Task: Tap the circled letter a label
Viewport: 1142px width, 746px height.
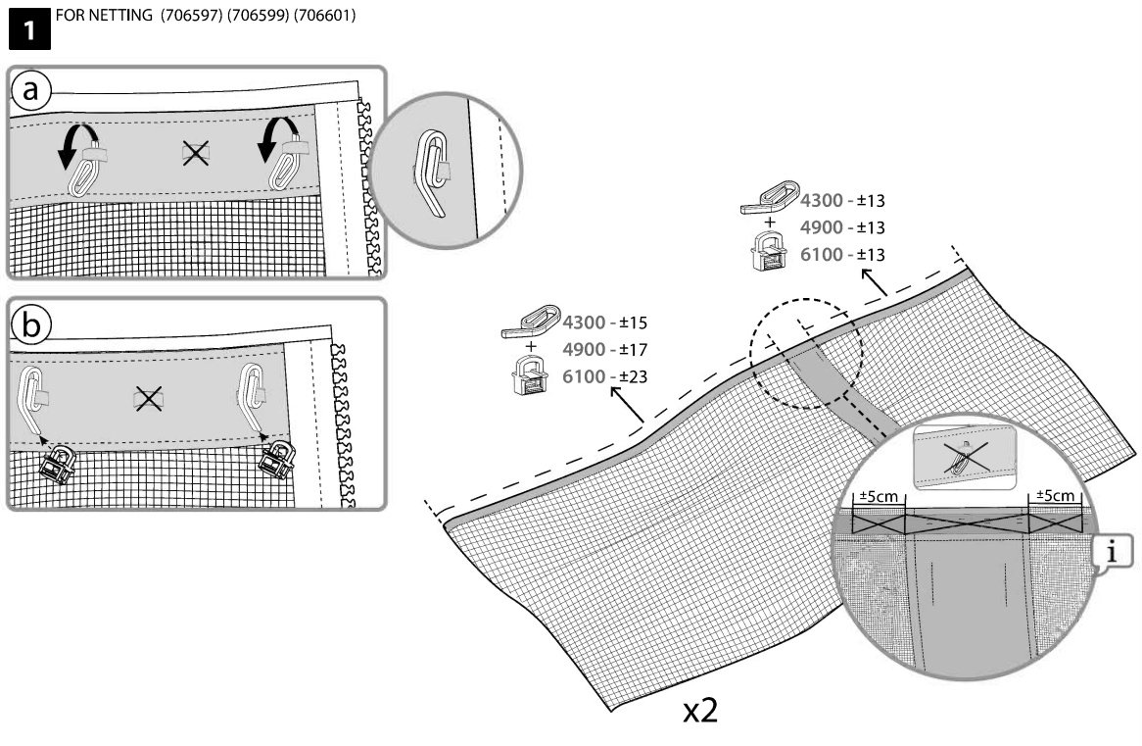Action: click(31, 91)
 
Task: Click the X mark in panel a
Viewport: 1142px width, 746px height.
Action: click(195, 153)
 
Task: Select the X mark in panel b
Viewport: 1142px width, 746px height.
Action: click(148, 397)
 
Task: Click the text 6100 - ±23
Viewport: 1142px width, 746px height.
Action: click(605, 376)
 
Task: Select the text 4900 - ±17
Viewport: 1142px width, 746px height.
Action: click(605, 349)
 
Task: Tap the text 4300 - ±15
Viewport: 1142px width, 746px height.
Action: click(605, 322)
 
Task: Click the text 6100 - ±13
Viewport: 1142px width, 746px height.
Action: click(843, 255)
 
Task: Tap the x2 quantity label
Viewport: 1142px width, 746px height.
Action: click(701, 711)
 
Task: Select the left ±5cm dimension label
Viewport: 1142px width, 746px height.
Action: click(879, 496)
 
